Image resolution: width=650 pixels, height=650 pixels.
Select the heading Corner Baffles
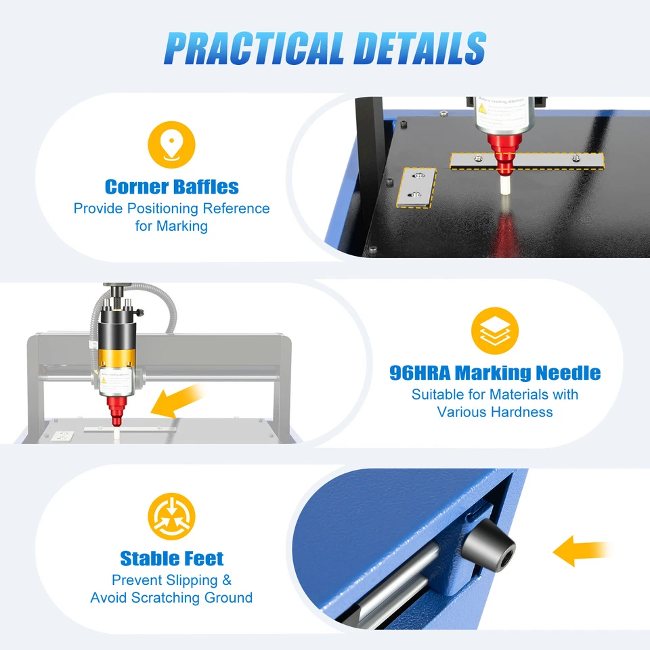click(171, 186)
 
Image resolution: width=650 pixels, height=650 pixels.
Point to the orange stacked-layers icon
click(495, 330)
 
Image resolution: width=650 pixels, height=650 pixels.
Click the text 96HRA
click(420, 372)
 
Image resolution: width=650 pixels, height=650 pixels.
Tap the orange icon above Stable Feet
click(171, 516)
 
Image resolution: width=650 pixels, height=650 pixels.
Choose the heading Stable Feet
click(171, 559)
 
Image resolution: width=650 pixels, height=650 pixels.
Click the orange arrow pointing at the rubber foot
click(580, 550)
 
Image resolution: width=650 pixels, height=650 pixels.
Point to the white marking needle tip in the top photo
click(504, 187)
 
